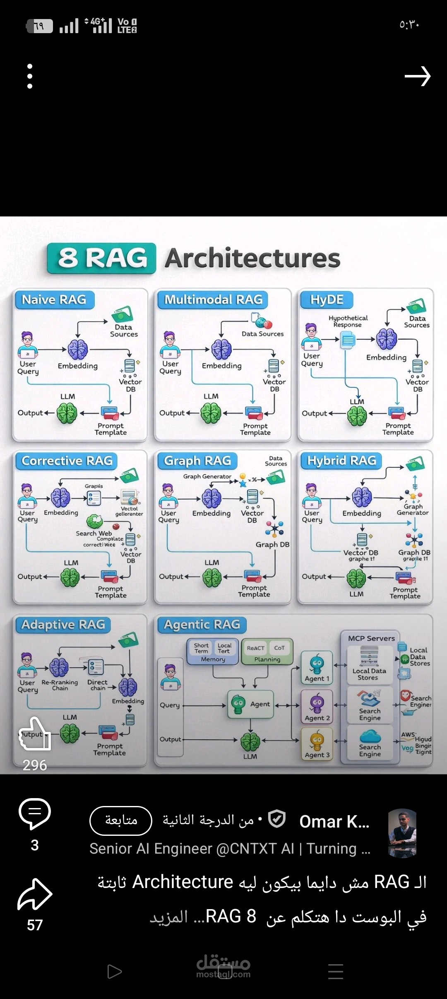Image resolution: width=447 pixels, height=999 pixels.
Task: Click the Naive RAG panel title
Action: (x=54, y=300)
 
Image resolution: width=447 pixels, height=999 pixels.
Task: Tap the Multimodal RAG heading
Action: (x=213, y=300)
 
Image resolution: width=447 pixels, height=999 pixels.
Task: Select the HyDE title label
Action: (x=327, y=300)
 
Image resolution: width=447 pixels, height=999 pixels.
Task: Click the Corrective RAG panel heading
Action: (x=67, y=461)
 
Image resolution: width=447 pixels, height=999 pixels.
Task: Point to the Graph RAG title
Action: (x=197, y=461)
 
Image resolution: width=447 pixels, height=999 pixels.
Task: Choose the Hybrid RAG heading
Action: (x=341, y=461)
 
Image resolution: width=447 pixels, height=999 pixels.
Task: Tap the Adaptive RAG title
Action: (x=63, y=625)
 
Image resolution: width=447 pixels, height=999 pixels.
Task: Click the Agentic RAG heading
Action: (x=202, y=625)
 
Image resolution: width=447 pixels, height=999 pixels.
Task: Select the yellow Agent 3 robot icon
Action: (x=317, y=741)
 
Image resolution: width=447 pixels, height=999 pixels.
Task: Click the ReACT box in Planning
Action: (x=255, y=648)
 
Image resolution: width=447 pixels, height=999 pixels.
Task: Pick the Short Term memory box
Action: (x=201, y=648)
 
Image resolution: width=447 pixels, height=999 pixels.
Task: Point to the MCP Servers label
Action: (x=371, y=638)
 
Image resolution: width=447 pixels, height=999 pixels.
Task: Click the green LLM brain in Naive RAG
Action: (x=67, y=413)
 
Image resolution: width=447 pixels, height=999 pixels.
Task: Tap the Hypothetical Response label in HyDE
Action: (x=348, y=321)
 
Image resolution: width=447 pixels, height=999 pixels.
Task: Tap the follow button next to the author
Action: (x=121, y=820)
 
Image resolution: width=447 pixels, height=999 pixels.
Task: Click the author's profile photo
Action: (x=402, y=832)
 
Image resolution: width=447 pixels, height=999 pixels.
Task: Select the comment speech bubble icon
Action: (x=35, y=813)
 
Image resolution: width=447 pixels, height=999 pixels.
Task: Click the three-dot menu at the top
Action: (x=30, y=76)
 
